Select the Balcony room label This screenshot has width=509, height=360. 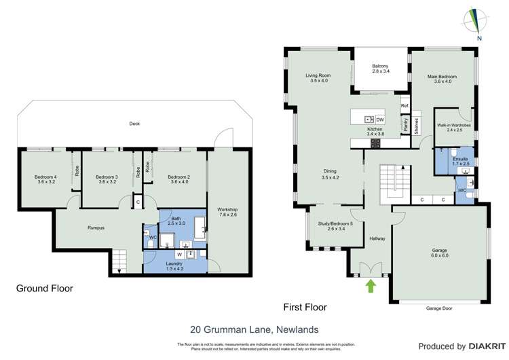pyautogui.click(x=380, y=66)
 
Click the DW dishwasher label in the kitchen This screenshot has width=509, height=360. pyautogui.click(x=380, y=120)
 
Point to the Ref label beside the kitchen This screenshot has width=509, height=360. pyautogui.click(x=404, y=107)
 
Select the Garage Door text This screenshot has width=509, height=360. pyautogui.click(x=438, y=308)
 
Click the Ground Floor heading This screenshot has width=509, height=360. pyautogui.click(x=45, y=289)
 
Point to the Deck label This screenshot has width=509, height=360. pyautogui.click(x=134, y=124)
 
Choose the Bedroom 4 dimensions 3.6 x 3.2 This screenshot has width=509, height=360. pyautogui.click(x=47, y=183)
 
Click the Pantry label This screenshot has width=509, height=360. pyautogui.click(x=405, y=126)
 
